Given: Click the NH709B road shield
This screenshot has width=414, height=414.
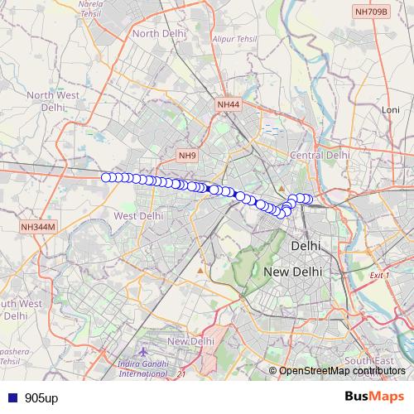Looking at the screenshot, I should point(370,12).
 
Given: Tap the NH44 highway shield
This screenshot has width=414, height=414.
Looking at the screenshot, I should point(228,105).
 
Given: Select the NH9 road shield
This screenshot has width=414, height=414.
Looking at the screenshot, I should point(187,155).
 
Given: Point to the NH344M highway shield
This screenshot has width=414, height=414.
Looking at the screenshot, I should point(38,226).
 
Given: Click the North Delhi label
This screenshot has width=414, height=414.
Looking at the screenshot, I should point(157,33).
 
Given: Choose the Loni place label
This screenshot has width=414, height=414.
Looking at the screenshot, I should point(390,109).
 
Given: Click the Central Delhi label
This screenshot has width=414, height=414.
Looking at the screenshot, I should point(319,155).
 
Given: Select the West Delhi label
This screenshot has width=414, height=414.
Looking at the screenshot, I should point(137,215).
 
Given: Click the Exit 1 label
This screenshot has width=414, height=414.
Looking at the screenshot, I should point(380,275).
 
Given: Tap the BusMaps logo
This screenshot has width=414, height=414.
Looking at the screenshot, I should point(374,397).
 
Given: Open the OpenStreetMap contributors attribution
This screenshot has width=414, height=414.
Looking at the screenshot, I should point(342,370).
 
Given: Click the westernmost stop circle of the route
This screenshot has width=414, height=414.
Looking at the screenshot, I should point(106,177).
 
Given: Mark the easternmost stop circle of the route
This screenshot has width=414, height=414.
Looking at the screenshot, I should point(308,199).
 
